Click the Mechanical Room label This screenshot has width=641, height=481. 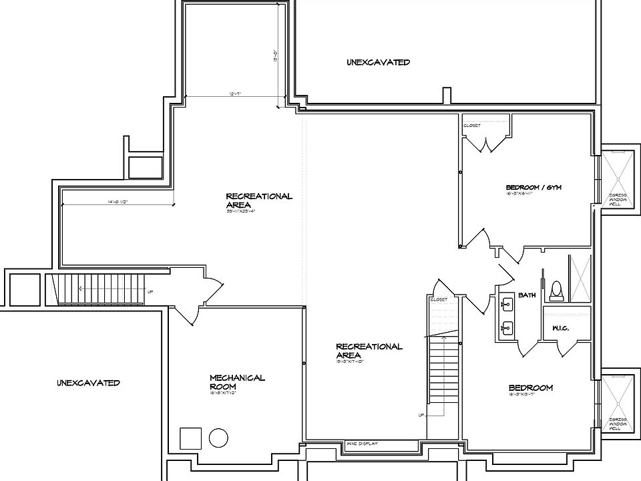point(237,382)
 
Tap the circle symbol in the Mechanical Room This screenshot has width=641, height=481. point(218,438)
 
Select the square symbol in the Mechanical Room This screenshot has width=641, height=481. point(190,438)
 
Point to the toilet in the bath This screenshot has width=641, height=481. point(555,291)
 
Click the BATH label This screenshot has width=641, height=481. point(527,295)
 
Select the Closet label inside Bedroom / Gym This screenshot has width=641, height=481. point(472,125)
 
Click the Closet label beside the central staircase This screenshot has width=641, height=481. point(439,299)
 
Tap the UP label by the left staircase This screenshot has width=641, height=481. point(150,291)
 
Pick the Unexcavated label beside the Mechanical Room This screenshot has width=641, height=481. point(88,383)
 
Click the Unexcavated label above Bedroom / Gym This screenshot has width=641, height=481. point(378,62)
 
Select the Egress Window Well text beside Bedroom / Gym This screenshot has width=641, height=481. point(614,198)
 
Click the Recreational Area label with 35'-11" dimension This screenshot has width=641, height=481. point(259,200)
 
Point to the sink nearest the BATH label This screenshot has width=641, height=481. point(507,305)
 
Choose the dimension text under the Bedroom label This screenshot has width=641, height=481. point(530,395)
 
